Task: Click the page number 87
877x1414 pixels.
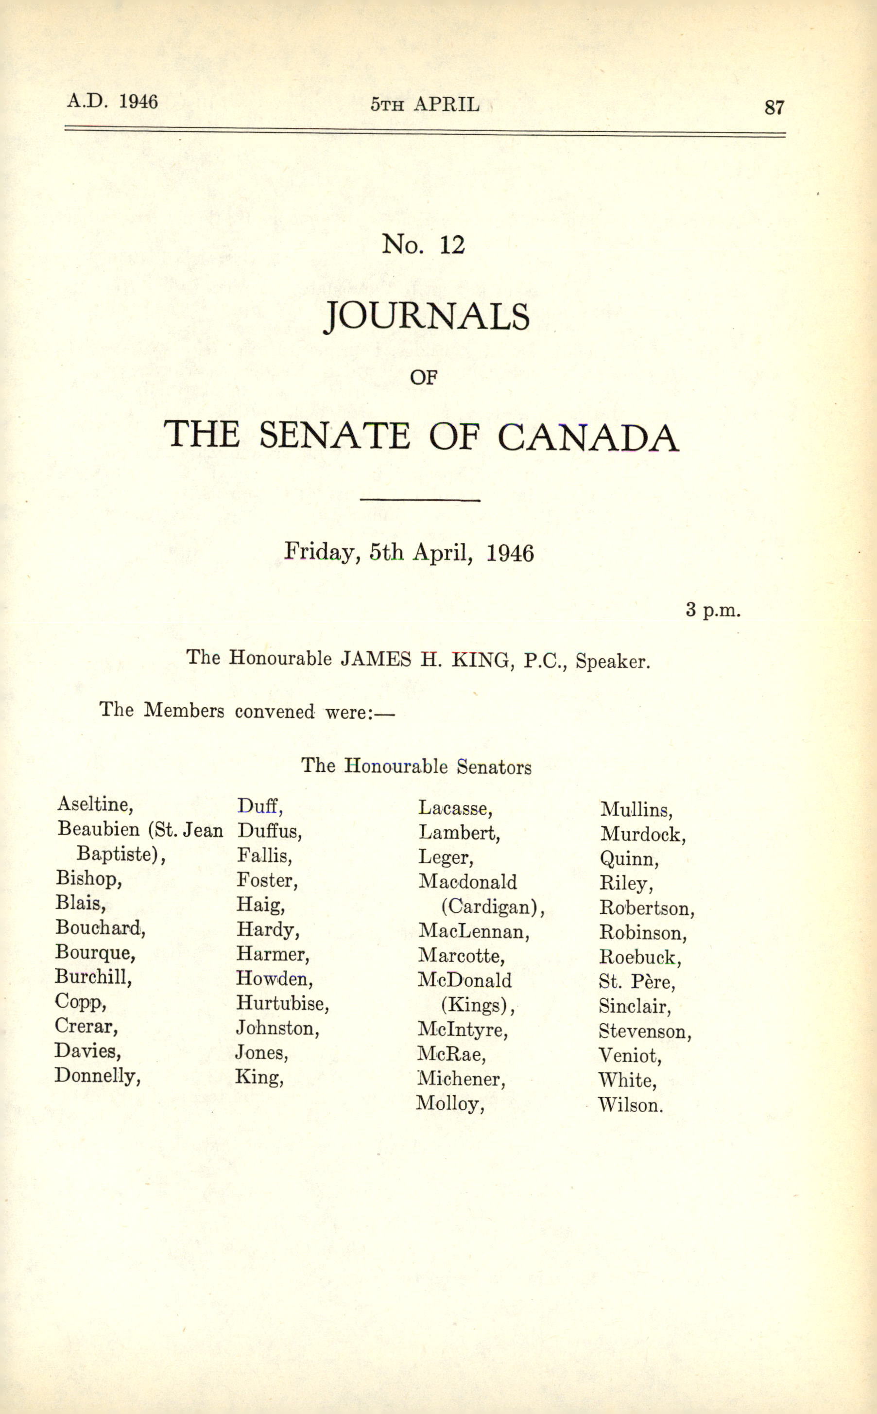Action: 774,107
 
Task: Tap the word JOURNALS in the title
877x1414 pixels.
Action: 426,317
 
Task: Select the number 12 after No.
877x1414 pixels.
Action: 452,245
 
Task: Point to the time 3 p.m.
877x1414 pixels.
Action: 713,610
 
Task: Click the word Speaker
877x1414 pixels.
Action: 613,662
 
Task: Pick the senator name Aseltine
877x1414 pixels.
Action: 95,804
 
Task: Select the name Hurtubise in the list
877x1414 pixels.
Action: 282,1003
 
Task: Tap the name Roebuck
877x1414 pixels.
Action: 639,957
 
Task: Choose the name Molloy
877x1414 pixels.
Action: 449,1103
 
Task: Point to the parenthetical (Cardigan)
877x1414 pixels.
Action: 493,907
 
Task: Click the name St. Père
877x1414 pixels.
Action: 637,982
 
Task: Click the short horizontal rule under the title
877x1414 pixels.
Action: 420,500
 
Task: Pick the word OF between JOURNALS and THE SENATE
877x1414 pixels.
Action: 423,378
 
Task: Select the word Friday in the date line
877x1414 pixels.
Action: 320,551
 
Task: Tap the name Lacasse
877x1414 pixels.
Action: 455,808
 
